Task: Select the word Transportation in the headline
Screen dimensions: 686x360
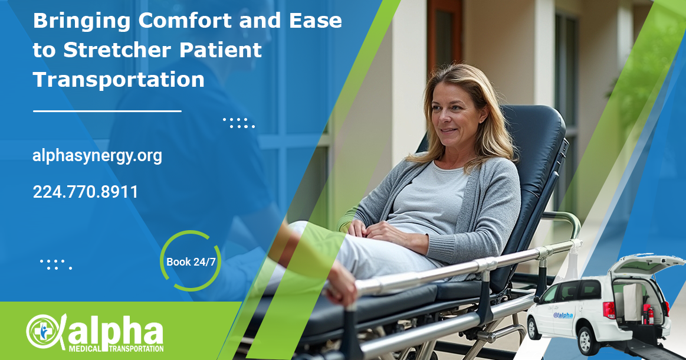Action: tap(119, 80)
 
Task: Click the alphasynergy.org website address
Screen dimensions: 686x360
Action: tap(97, 156)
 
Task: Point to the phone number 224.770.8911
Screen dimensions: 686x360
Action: tap(86, 192)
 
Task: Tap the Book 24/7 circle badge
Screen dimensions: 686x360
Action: tap(191, 261)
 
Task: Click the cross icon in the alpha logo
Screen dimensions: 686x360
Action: tap(43, 332)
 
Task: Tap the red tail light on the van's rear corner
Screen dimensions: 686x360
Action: tap(609, 310)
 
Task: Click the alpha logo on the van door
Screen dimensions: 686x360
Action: tap(563, 315)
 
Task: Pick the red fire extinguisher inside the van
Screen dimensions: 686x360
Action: tap(649, 314)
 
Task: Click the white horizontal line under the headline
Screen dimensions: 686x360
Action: tap(107, 111)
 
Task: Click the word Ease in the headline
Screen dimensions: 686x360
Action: tap(315, 21)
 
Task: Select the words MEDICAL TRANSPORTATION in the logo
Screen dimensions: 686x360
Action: tap(116, 349)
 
